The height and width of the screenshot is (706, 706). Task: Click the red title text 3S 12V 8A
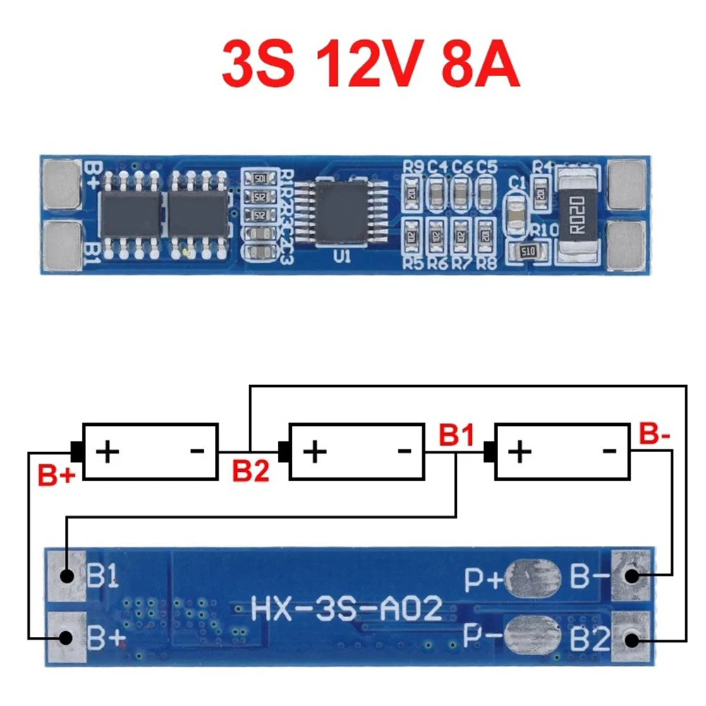(x=370, y=65)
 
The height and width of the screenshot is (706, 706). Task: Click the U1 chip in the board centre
(x=341, y=212)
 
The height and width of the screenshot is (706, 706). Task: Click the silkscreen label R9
(x=414, y=167)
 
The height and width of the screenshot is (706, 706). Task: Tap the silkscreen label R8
(x=486, y=264)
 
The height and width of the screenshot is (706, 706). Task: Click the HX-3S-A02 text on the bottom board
(x=347, y=608)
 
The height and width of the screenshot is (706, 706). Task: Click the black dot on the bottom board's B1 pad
(x=67, y=576)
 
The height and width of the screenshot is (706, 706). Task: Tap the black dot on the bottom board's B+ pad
(x=67, y=638)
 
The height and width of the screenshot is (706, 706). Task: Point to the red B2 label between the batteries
(x=252, y=470)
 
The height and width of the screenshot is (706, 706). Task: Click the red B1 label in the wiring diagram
(x=456, y=434)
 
